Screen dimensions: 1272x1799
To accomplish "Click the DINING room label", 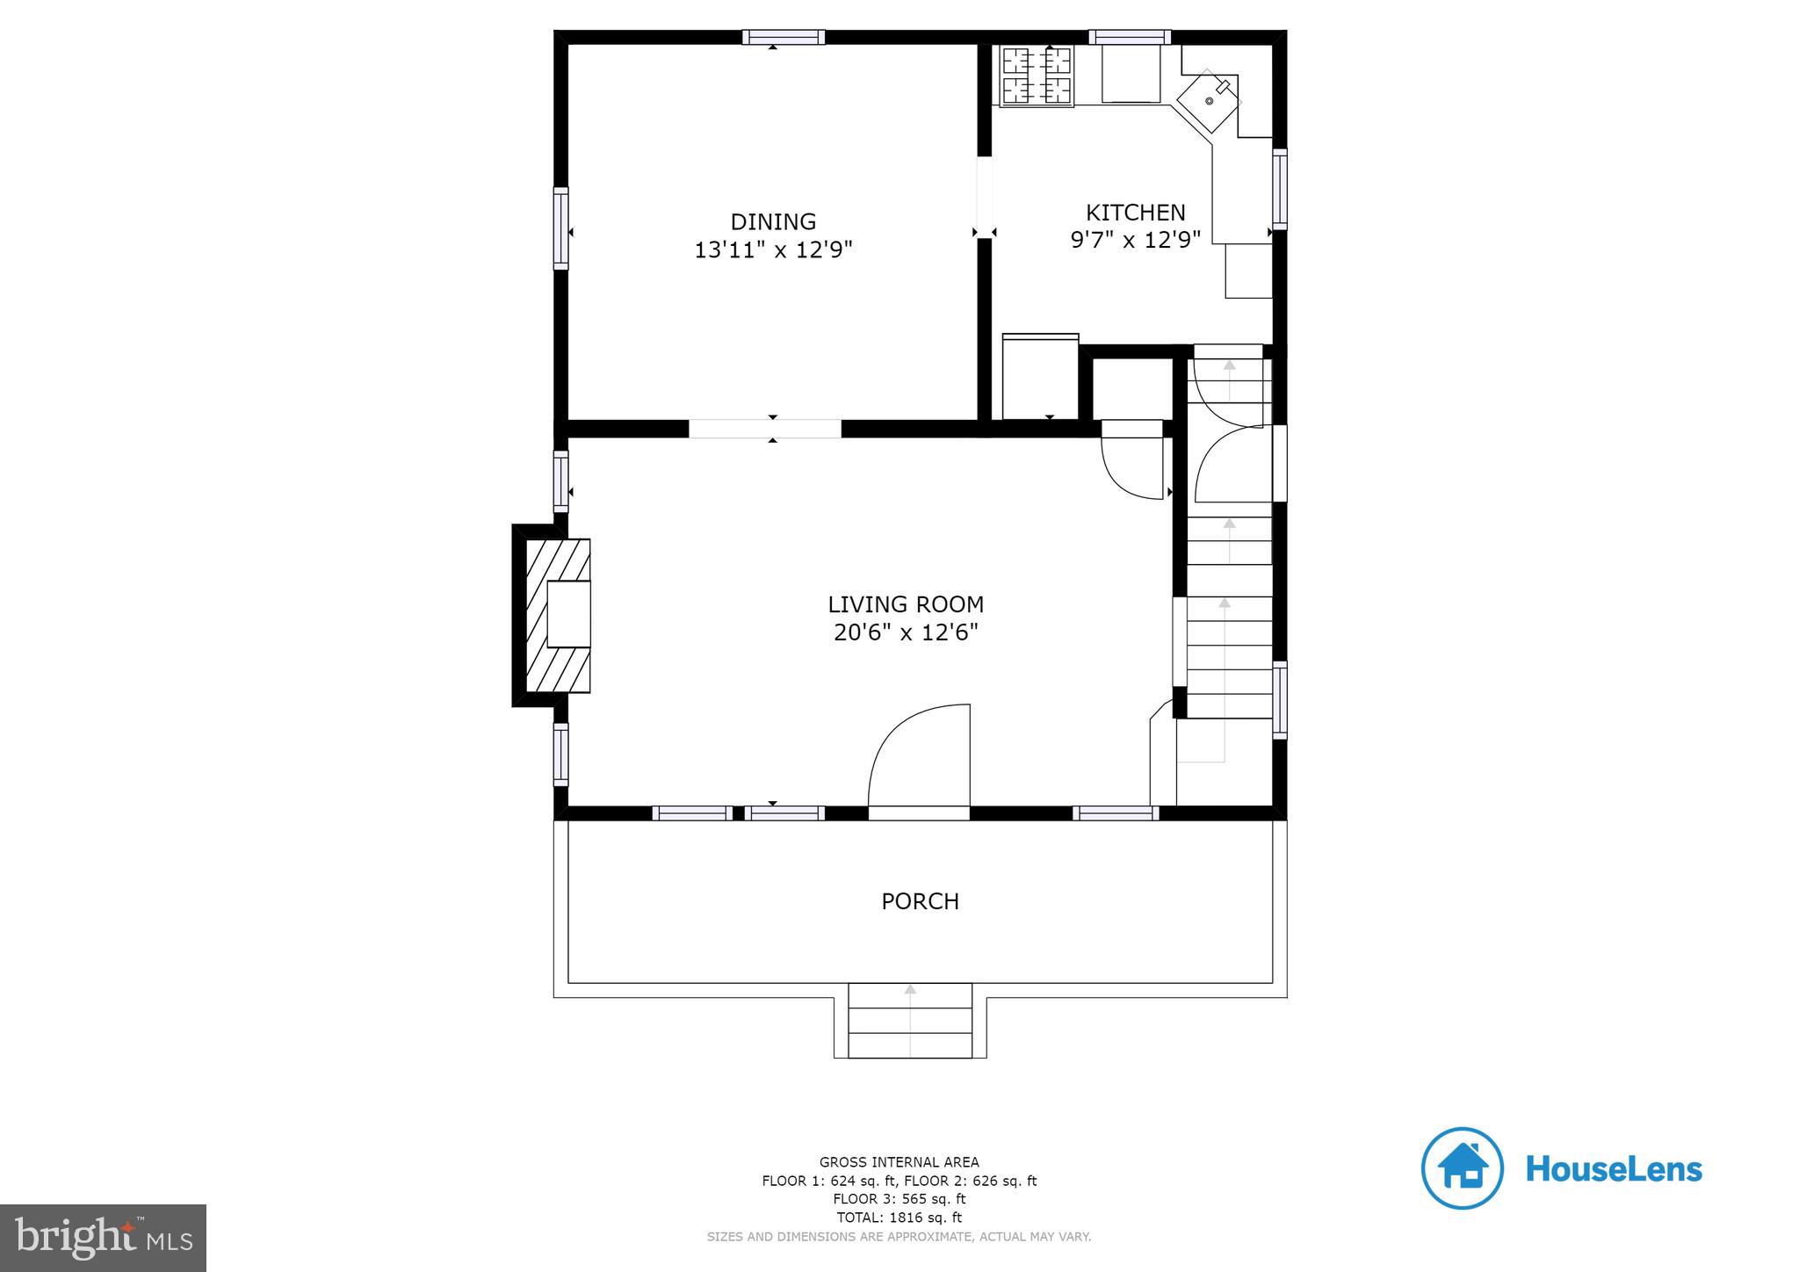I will (x=773, y=221).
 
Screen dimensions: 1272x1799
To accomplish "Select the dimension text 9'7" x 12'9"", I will (x=1135, y=240).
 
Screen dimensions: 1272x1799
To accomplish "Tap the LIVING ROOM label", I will (x=906, y=604).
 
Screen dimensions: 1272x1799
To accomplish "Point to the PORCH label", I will (x=920, y=901).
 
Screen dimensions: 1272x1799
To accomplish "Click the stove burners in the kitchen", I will (x=1037, y=76).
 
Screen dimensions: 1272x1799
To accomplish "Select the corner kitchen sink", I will (x=1209, y=100).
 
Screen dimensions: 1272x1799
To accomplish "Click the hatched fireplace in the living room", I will (x=558, y=615).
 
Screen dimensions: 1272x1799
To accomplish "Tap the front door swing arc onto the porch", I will (x=919, y=755).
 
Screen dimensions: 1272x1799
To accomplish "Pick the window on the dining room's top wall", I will (x=783, y=37).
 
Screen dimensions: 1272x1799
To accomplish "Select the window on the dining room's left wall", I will (x=560, y=228).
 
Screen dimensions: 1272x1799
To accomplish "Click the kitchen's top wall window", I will (x=1130, y=37).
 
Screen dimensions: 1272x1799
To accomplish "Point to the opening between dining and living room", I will (x=764, y=429).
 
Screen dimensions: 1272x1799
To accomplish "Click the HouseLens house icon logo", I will (x=1462, y=1168).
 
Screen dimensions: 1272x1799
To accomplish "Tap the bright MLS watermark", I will (x=104, y=1239).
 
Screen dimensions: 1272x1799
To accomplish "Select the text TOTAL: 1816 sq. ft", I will (x=899, y=1218).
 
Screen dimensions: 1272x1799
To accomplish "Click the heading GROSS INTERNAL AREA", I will (x=899, y=1162).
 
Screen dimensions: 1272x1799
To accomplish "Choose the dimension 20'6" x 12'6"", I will (x=906, y=632).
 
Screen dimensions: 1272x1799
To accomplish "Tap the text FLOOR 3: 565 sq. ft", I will (x=899, y=1199).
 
